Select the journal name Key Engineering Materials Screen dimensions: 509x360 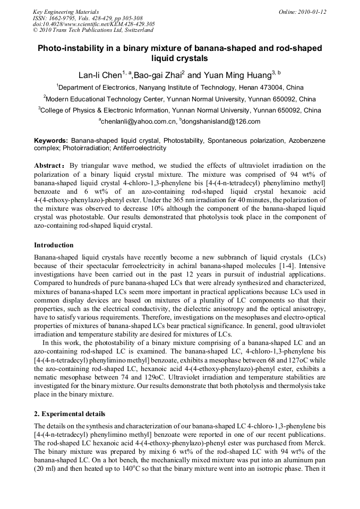pos(66,12)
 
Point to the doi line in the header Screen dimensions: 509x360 pos(94,24)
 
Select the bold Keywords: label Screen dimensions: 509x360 pos(51,141)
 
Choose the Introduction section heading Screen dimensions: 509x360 pos(54,245)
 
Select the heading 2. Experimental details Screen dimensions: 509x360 pos(70,413)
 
